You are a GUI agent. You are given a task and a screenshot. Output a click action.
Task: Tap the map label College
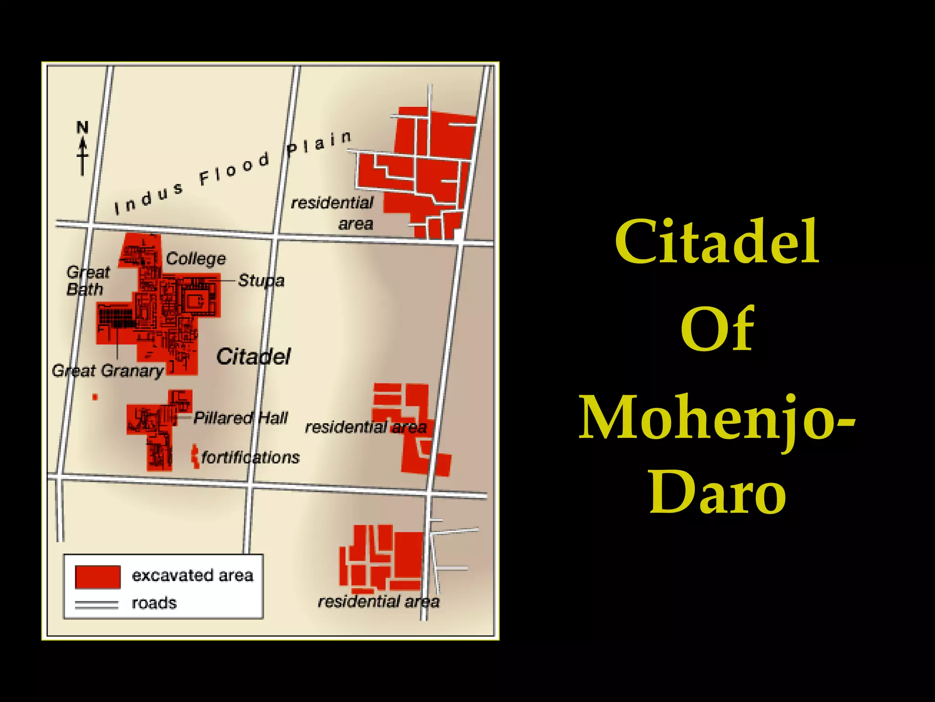point(196,259)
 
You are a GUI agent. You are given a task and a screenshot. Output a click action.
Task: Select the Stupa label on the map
point(261,280)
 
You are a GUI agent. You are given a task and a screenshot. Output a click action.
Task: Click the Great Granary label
point(108,371)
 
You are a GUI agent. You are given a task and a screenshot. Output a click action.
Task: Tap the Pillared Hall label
point(241,418)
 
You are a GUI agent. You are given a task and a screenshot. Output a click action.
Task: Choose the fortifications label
point(251,457)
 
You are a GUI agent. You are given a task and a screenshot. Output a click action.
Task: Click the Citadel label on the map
point(253,356)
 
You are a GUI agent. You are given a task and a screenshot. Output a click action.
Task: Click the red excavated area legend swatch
point(98,576)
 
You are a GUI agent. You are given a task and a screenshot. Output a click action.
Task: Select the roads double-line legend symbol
point(96,605)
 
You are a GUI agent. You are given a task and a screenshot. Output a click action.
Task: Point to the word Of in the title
point(717,330)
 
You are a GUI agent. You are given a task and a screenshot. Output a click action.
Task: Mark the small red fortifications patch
point(195,456)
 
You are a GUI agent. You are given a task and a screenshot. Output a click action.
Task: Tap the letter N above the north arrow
point(82,127)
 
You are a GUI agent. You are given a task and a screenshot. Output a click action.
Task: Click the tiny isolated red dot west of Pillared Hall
point(95,397)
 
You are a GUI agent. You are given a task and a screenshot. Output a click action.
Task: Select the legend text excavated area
point(192,575)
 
